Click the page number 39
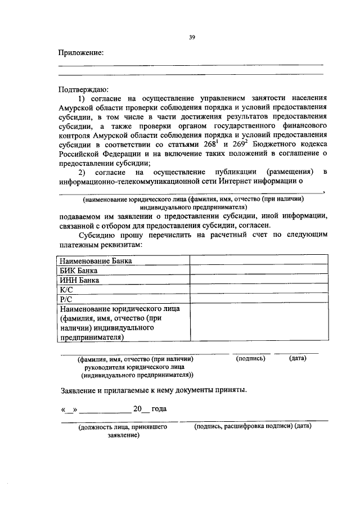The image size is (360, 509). coord(192,37)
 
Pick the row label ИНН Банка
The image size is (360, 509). coord(79,280)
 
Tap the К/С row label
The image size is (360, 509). coord(66,289)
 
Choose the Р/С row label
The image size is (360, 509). coord(66,299)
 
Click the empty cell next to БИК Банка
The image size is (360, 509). coord(259,270)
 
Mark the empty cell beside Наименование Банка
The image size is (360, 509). coord(259,260)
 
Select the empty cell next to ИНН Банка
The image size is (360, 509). coord(259,280)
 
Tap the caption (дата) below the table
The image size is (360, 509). coord(298,358)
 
